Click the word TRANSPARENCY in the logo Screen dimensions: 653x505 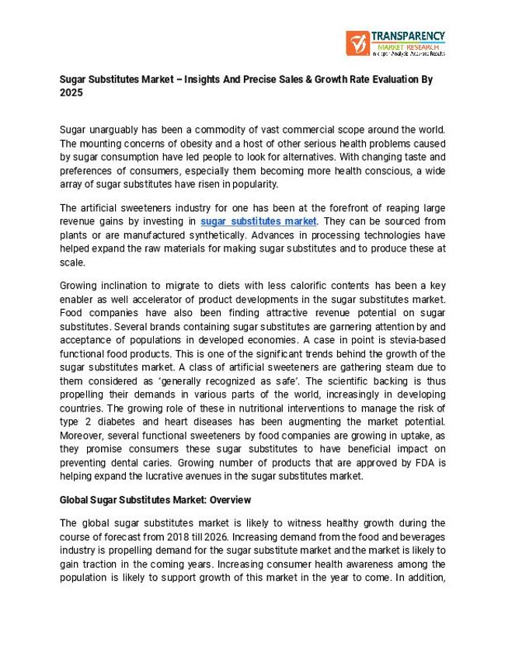point(408,36)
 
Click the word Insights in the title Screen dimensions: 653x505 point(216,80)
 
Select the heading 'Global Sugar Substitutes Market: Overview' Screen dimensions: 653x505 point(155,499)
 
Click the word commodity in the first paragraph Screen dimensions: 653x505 point(228,129)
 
